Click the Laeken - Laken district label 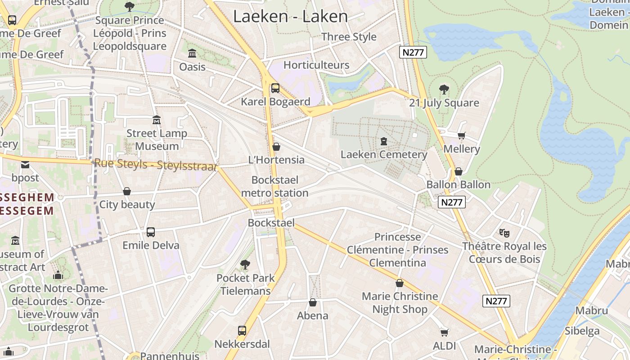(290, 17)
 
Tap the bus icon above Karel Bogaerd (275, 88)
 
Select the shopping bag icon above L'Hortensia (276, 147)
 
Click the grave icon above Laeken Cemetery (383, 141)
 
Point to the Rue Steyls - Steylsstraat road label (155, 165)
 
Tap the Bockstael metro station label (274, 186)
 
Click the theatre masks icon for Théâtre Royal (504, 233)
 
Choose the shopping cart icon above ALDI (444, 333)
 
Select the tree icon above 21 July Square (444, 90)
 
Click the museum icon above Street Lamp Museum (157, 120)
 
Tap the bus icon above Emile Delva (151, 232)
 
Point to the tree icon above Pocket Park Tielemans (245, 265)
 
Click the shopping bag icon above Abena (313, 302)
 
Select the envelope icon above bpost (25, 165)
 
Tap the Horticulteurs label (316, 65)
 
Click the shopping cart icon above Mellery (461, 135)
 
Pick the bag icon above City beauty (127, 191)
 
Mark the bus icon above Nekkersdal (242, 331)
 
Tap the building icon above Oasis (192, 54)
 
